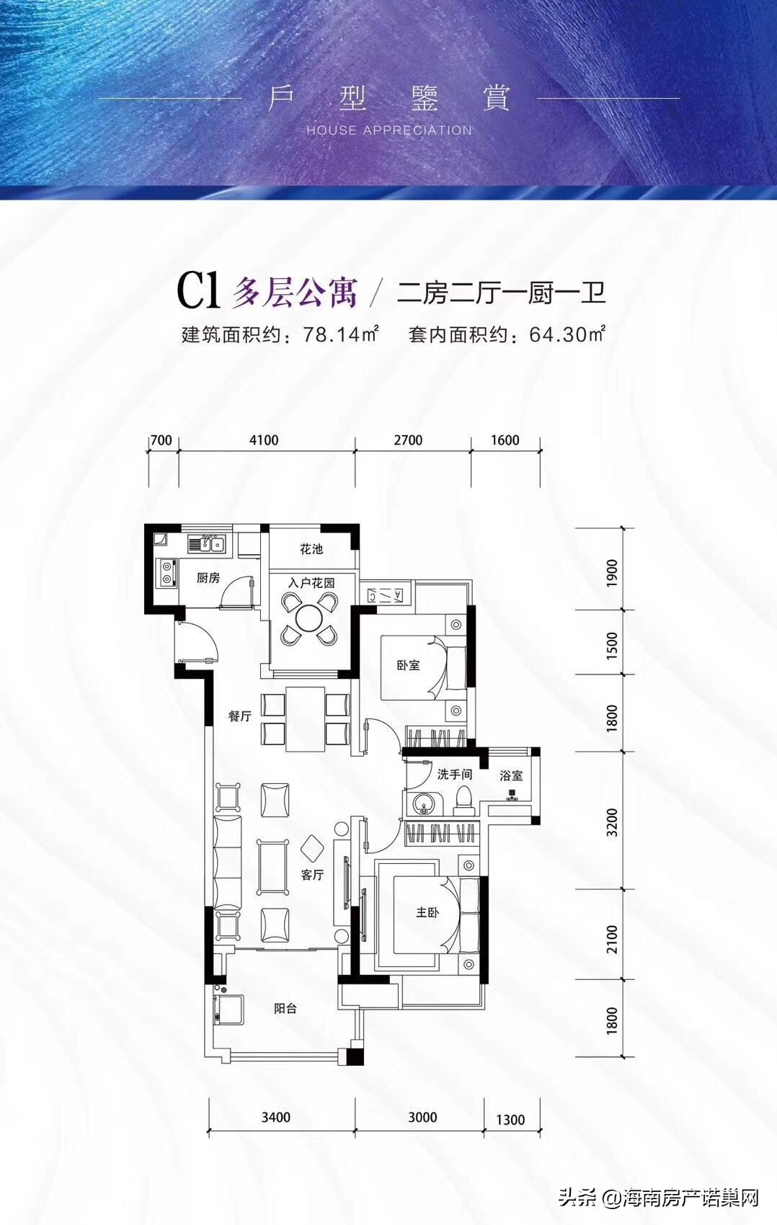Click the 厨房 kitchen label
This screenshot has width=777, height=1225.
click(208, 577)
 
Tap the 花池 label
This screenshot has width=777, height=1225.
click(311, 549)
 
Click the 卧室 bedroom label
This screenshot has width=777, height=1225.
click(408, 665)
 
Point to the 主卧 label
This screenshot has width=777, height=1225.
click(427, 912)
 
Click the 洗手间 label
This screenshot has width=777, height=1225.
click(455, 774)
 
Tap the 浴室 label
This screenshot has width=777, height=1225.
click(511, 775)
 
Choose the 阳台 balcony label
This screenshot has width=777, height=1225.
click(285, 1008)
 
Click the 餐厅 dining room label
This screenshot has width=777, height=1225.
click(240, 716)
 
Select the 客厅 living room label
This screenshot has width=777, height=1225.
click(312, 875)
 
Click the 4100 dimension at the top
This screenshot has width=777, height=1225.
click(264, 440)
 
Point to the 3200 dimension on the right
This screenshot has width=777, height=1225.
click(612, 821)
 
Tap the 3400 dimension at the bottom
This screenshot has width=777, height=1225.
click(276, 1117)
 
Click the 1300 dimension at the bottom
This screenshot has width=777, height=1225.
click(510, 1119)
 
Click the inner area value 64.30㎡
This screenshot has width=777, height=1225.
click(567, 334)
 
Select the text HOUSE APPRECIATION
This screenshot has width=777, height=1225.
click(389, 130)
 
